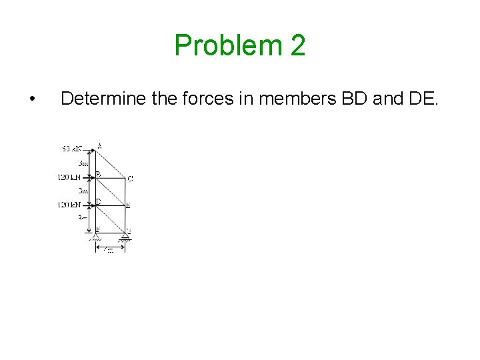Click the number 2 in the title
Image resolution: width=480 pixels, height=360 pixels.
(298, 46)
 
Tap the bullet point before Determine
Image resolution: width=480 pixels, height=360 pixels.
(33, 100)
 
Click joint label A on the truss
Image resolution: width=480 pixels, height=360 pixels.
(99, 146)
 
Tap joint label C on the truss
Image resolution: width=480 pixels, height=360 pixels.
(130, 179)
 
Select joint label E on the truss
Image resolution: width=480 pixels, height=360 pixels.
(128, 205)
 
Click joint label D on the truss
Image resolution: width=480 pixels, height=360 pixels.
(99, 201)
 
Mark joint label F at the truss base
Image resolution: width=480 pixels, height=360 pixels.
(98, 229)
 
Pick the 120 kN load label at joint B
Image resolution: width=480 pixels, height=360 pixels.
(69, 178)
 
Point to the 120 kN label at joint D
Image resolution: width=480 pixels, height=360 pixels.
(69, 205)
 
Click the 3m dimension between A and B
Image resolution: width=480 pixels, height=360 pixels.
(83, 163)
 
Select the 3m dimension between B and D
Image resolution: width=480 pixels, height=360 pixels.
(83, 191)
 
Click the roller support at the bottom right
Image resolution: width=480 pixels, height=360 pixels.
(125, 237)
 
